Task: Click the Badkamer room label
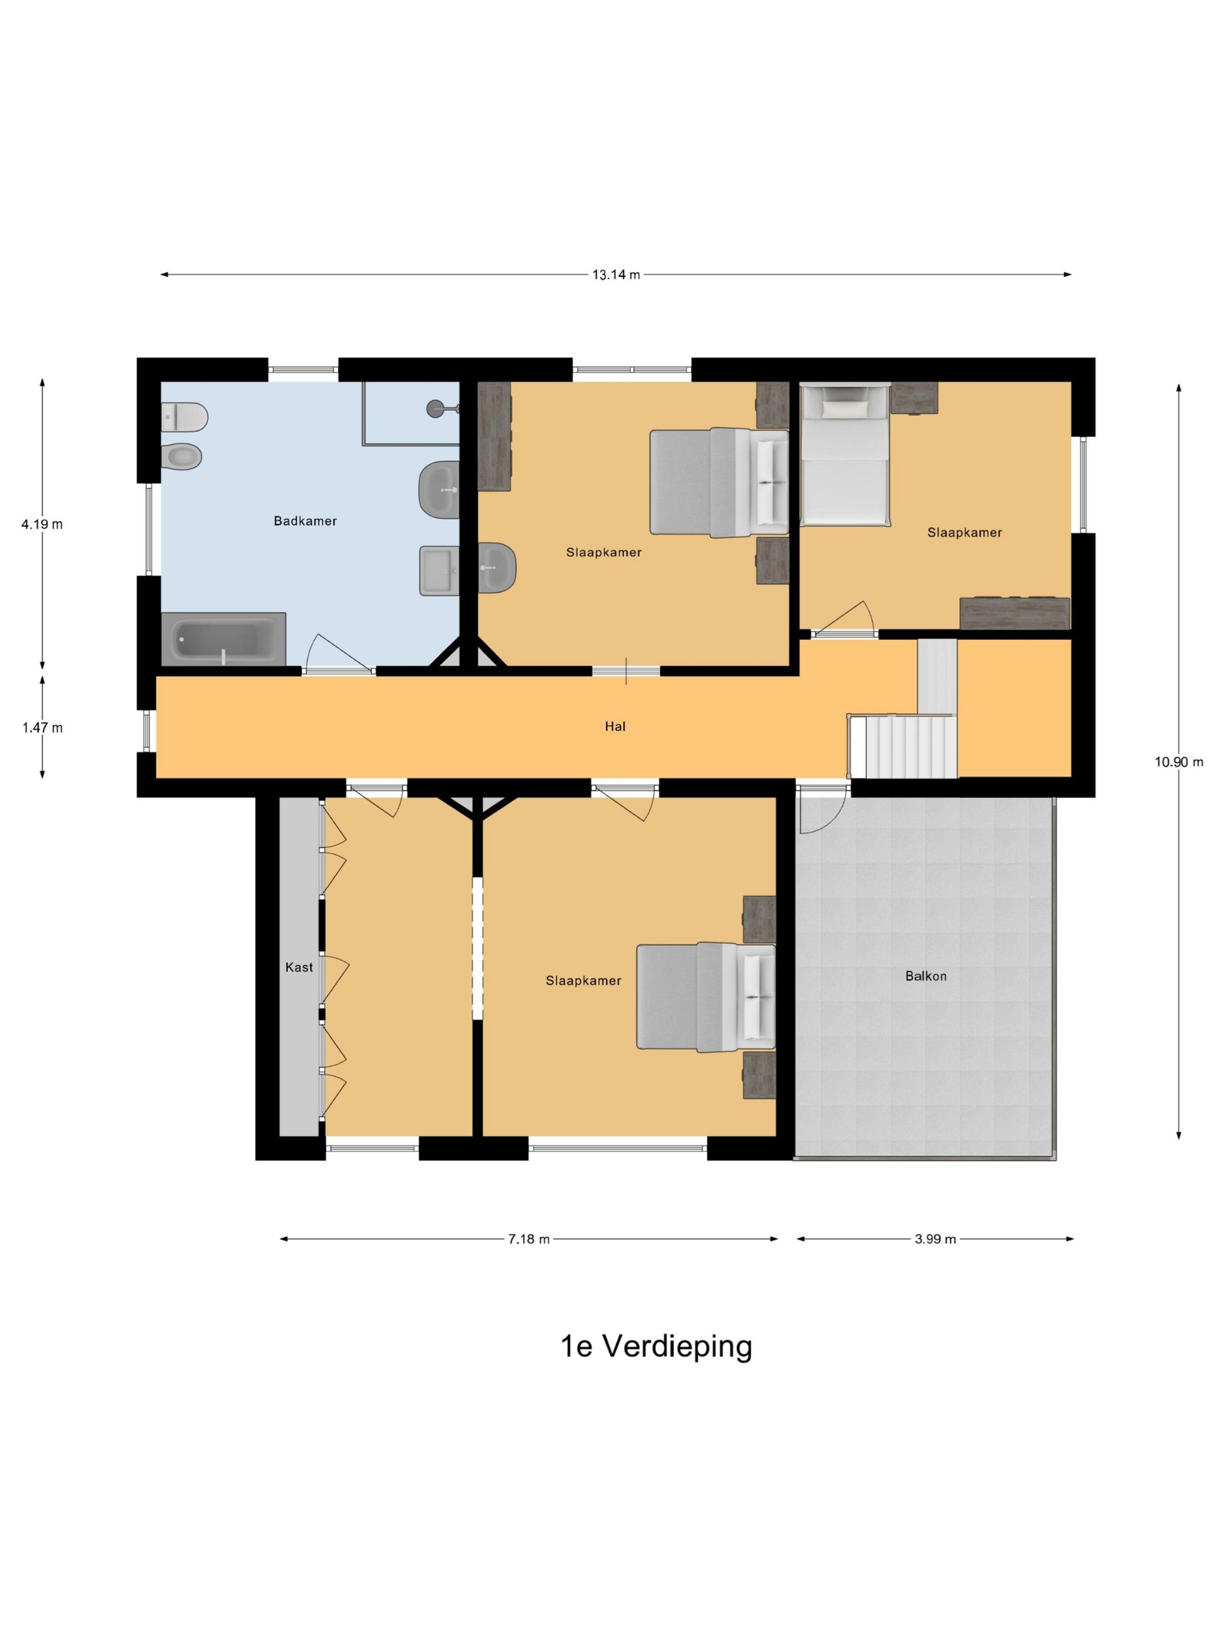[305, 521]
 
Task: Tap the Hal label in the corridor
[615, 726]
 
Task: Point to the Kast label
[299, 967]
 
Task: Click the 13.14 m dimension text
[615, 274]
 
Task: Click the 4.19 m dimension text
[42, 525]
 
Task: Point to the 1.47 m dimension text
[42, 728]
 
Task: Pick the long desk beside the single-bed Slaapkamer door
[1014, 613]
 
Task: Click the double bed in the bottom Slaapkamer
[706, 997]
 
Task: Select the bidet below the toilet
[181, 457]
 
